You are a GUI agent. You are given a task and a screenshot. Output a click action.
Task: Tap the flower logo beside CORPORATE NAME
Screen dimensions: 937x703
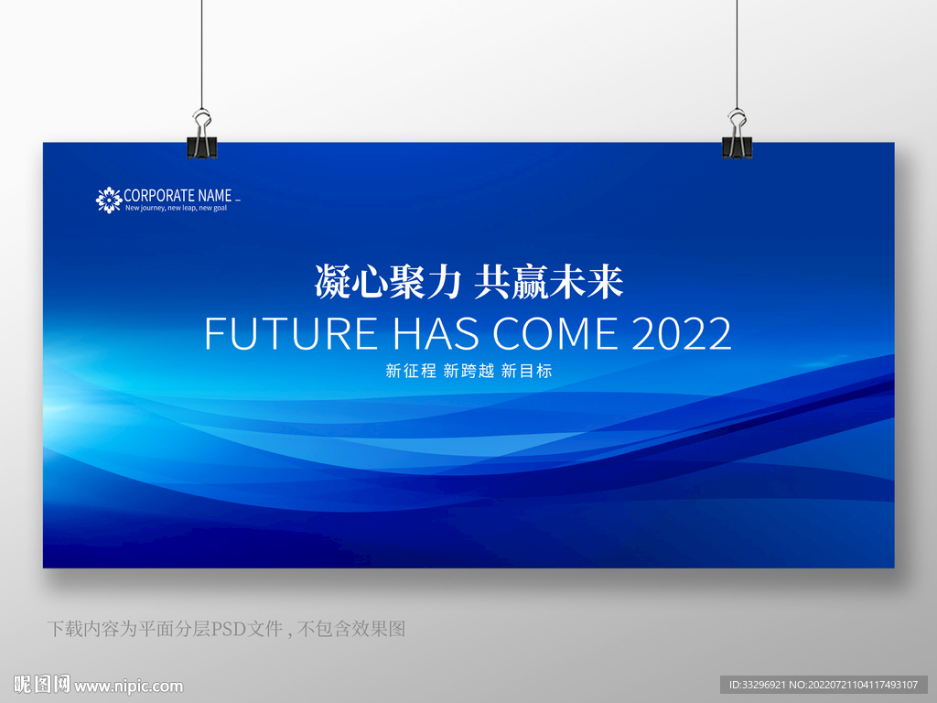[109, 200]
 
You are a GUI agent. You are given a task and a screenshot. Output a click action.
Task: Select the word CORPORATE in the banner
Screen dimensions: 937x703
[159, 196]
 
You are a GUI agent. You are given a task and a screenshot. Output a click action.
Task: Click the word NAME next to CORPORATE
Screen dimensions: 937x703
[215, 196]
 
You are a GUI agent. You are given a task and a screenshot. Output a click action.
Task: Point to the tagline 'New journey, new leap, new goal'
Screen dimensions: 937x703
[177, 208]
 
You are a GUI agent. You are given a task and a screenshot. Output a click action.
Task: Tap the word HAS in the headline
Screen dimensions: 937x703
[436, 333]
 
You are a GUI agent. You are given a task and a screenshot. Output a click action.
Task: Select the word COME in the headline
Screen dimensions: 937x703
[555, 333]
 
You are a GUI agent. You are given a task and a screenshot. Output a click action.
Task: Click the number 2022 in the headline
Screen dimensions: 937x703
[681, 333]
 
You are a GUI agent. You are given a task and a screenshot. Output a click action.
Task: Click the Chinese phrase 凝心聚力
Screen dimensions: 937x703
[388, 282]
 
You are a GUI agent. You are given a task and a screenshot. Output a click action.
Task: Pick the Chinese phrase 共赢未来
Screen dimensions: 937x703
[549, 282]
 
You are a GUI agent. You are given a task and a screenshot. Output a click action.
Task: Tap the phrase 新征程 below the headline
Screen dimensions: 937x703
[411, 371]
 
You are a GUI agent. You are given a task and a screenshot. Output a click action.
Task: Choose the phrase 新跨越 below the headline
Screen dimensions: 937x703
[469, 371]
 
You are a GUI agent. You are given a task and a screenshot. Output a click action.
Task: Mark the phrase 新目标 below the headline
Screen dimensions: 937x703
[526, 371]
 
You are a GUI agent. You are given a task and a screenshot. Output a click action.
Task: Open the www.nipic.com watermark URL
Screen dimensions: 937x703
[128, 687]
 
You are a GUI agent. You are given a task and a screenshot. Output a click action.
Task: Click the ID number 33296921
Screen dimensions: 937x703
[764, 685]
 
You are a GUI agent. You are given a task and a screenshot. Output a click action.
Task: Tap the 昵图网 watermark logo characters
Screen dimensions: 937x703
[42, 685]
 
